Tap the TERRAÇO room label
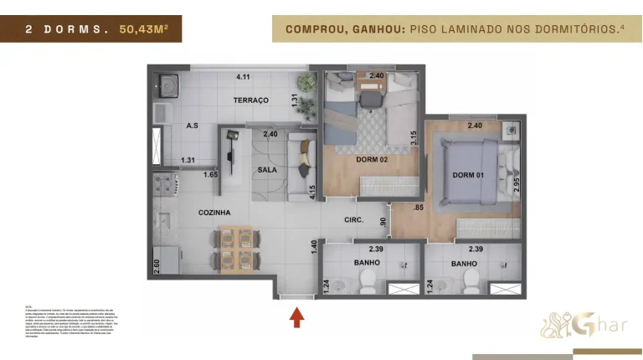coord(250,100)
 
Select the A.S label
coord(192,126)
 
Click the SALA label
coord(266,169)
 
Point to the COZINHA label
coord(214,213)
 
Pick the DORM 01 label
coord(468,175)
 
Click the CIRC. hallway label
coord(354,221)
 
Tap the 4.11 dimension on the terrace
coord(243,77)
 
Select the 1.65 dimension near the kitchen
coord(211,174)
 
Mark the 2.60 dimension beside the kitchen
coord(157,266)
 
